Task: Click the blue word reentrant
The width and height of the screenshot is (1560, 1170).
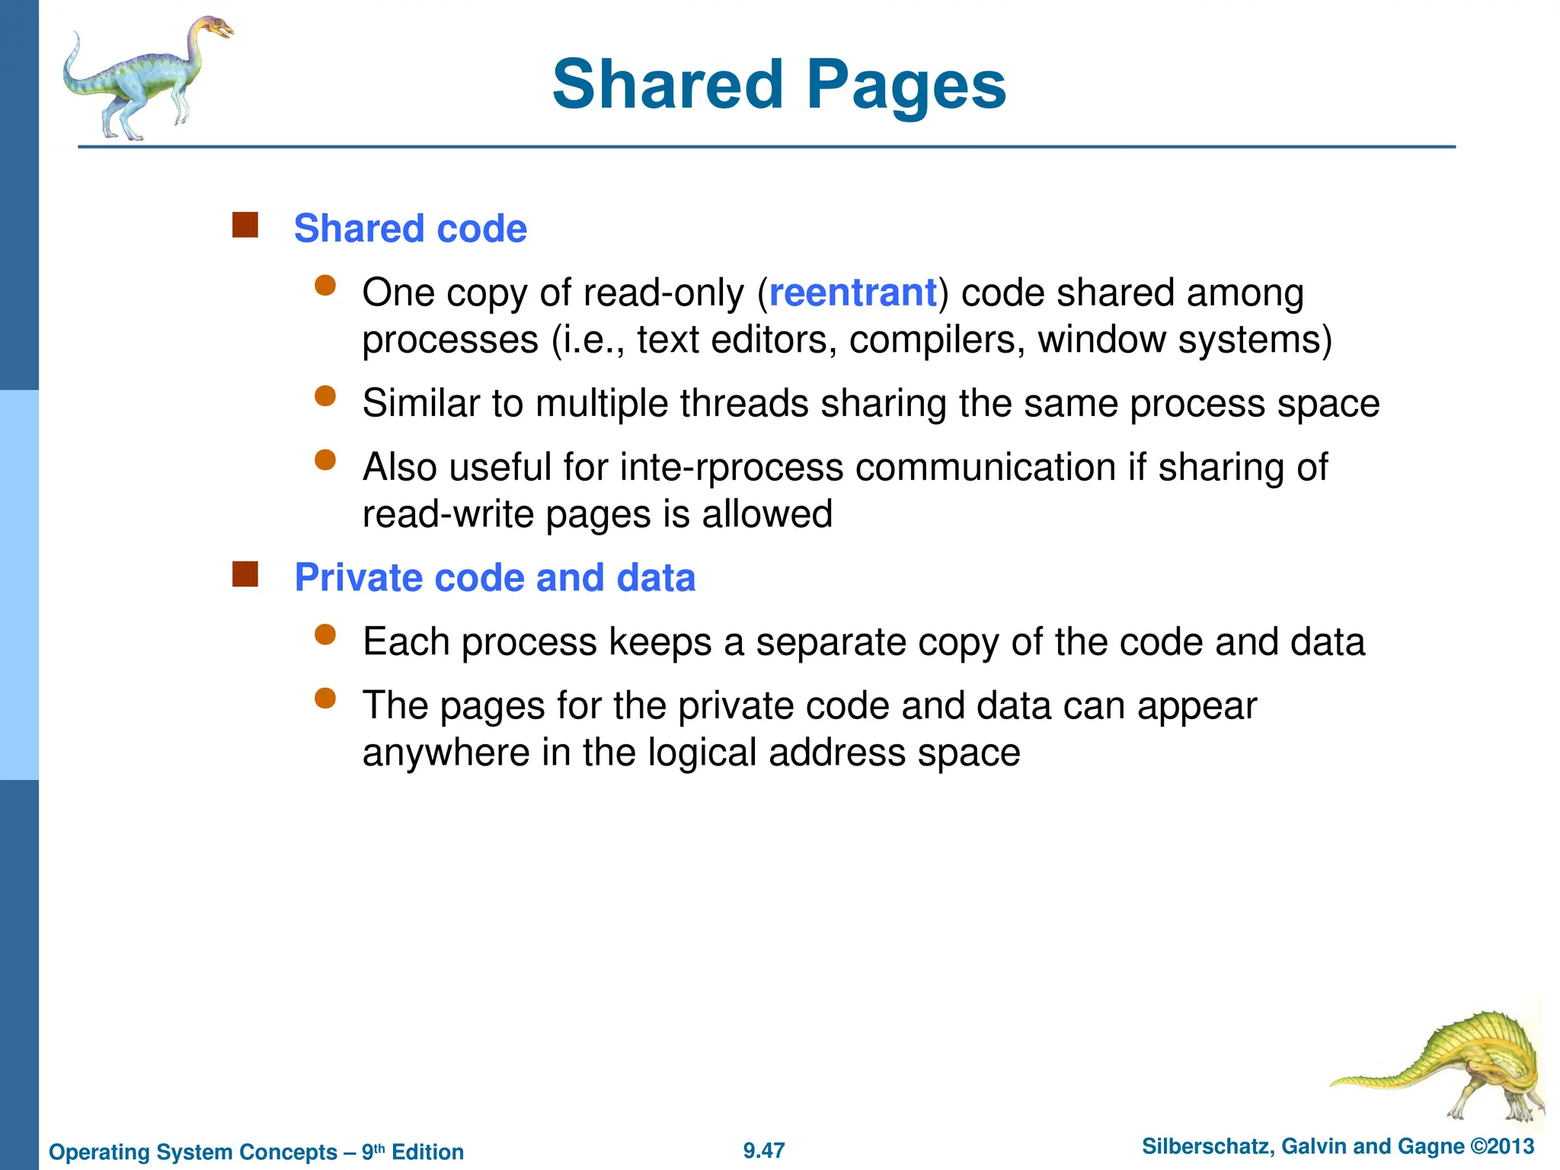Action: (x=852, y=293)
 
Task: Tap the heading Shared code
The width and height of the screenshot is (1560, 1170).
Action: (x=410, y=229)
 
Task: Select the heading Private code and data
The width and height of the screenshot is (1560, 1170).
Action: (x=494, y=577)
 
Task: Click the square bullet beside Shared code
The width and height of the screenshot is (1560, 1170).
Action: (x=245, y=225)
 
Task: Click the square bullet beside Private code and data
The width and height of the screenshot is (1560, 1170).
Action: (x=245, y=574)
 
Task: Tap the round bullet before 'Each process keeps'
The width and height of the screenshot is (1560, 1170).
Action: (x=325, y=635)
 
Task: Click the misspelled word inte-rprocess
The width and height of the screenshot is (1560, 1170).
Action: (x=731, y=467)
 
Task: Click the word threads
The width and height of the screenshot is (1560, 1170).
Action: (x=743, y=404)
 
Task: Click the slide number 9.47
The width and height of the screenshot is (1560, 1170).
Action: (x=764, y=1151)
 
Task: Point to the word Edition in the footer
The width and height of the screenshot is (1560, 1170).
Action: (x=427, y=1152)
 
